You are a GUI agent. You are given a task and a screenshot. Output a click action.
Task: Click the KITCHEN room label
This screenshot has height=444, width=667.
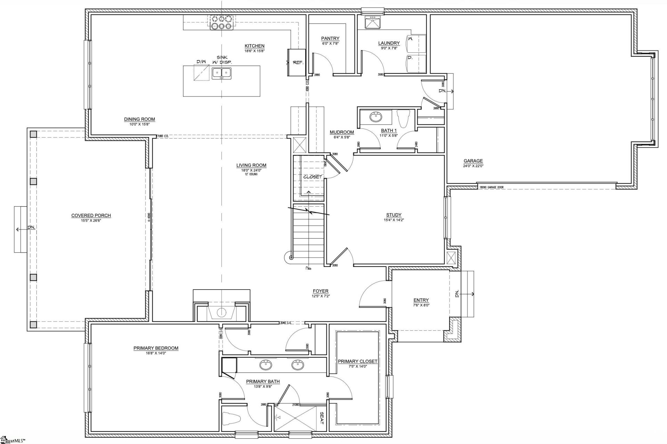click(254, 46)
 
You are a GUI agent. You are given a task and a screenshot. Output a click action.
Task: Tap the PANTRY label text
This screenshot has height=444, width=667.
click(330, 39)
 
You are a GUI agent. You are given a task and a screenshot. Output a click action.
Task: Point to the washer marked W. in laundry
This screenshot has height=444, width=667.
click(416, 43)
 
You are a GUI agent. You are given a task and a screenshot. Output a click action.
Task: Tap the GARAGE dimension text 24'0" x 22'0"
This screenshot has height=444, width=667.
click(473, 166)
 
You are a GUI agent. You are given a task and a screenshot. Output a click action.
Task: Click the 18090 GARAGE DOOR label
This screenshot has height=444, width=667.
click(491, 187)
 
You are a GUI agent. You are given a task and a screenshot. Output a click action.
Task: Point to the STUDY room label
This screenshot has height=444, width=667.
click(394, 215)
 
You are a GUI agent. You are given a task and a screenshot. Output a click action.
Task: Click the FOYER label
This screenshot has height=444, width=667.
click(320, 291)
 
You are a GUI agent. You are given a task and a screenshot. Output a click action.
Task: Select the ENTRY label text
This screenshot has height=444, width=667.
click(421, 300)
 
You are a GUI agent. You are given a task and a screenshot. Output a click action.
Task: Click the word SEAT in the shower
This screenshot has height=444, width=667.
click(321, 418)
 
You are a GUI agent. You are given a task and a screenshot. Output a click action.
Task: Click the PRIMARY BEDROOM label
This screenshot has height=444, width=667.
click(156, 348)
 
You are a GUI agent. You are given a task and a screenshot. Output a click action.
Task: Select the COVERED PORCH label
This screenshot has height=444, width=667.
click(91, 216)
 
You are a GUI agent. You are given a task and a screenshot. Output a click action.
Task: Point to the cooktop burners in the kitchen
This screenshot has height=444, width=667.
click(221, 22)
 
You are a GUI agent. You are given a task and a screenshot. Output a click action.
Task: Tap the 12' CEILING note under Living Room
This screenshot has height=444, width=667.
click(251, 174)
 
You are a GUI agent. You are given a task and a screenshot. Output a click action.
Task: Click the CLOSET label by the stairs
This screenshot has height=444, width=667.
click(313, 177)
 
